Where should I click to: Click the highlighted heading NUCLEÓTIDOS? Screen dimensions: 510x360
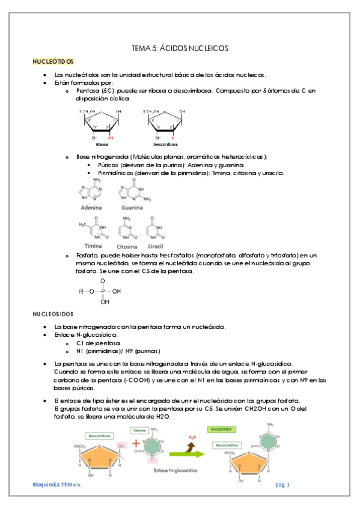point(53,61)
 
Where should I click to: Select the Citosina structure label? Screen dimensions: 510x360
point(127,246)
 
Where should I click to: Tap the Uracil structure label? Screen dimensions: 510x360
point(156,246)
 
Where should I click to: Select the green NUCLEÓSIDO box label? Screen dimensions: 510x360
point(230,429)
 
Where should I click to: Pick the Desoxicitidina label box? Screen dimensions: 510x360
point(230,444)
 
